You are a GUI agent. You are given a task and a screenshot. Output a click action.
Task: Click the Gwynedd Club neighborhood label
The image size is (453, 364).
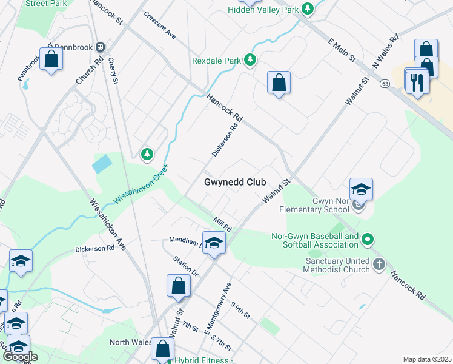coord(235,182)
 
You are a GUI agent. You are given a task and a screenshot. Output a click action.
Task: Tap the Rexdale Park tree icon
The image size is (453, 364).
coord(250,60)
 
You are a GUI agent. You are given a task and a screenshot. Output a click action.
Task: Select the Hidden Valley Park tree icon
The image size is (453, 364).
coord(309,9)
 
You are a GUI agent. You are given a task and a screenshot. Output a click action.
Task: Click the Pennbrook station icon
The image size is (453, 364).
coord(101,47)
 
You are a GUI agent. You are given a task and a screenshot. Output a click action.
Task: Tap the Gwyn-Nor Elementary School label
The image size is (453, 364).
coord(315,205)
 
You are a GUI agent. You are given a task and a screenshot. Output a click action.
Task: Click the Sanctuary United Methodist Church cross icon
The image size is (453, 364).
coord(379,264)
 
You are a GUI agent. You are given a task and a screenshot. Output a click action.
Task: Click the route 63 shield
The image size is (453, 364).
coord(385,84)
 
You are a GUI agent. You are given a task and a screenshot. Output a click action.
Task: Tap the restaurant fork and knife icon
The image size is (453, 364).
coord(417,82)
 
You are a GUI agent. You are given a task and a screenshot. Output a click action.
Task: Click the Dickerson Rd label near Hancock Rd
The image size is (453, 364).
coord(227,137)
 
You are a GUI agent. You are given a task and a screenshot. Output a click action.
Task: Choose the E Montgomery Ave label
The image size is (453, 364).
coord(219,309)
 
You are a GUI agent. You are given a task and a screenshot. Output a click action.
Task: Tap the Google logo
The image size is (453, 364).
coord(20,357)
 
